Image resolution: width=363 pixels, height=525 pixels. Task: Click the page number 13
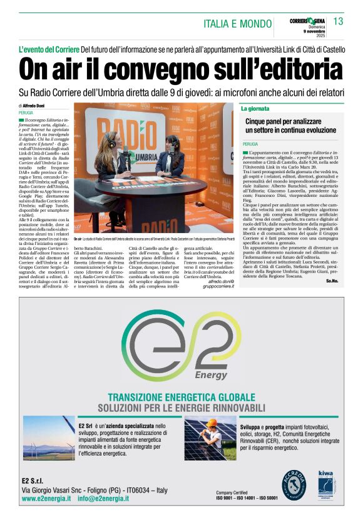(339, 22)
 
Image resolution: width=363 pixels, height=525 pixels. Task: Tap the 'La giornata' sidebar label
(256, 109)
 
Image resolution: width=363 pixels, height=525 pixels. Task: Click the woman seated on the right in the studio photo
(171, 156)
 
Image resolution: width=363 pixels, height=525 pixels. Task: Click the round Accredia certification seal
(294, 484)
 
